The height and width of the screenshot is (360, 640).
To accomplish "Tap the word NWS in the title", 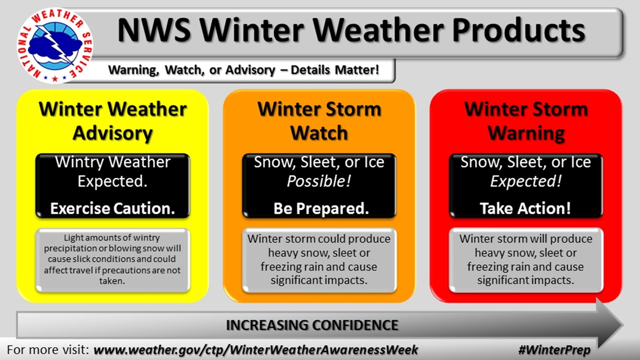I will coord(154,30).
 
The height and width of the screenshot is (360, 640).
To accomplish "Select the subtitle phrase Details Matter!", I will coord(335,70).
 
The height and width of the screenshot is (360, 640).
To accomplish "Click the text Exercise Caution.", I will coord(113,208).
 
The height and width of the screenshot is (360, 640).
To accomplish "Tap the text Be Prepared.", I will coord(321,208).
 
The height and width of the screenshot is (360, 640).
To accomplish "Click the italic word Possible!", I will coord(319,181).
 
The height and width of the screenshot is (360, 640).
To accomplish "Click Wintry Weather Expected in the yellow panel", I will coord(113,171).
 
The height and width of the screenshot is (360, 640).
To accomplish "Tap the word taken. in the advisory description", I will coord(112,281).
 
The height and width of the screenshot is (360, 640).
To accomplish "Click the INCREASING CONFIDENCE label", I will coord(312,325).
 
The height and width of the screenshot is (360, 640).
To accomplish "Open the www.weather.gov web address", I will coord(256,350).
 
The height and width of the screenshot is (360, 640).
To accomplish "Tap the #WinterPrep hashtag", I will coord(554,350).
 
